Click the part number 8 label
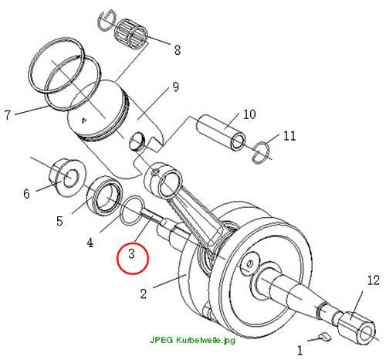coord(178,50)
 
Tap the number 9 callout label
coord(175,87)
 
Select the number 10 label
coord(249,114)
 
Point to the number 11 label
coord(289,136)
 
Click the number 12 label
coord(374,280)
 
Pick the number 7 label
coord(8,115)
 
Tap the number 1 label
coord(300,351)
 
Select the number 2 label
coord(144,294)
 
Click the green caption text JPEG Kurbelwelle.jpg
coord(192,340)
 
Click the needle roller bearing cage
coord(130,34)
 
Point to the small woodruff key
coord(325,337)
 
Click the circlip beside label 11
coord(261,152)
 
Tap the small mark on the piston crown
coord(84,121)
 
